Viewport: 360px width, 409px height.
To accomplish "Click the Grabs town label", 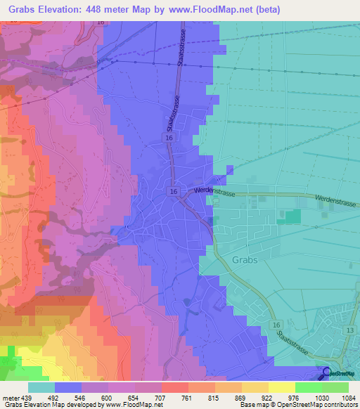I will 245,259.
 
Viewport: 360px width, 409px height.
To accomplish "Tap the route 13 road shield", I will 349,330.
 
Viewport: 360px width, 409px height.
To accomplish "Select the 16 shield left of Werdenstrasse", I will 173,191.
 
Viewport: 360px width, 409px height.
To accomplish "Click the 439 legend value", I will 22,398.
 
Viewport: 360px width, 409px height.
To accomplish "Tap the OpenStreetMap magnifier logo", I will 327,374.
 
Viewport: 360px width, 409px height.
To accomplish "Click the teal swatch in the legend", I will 41,387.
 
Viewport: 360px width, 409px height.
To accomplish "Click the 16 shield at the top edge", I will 101,22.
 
